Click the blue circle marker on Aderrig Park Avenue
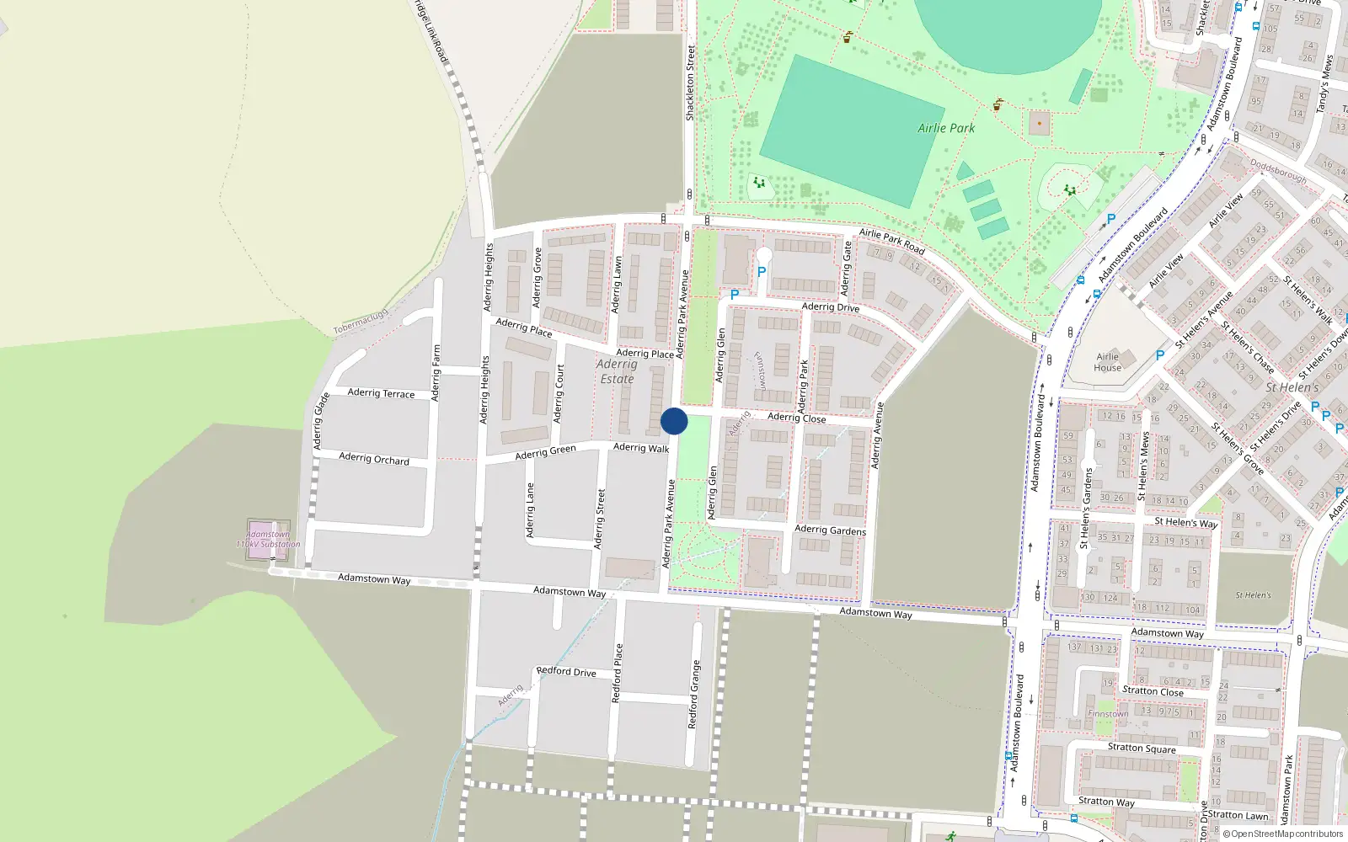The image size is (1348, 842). (x=674, y=421)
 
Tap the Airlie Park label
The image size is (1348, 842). (x=945, y=128)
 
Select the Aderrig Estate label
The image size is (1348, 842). (x=617, y=371)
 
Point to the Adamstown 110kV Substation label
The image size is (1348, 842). (x=268, y=539)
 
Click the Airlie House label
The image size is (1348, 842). (x=1107, y=362)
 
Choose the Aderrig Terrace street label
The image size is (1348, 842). (x=381, y=393)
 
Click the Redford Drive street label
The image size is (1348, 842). (x=566, y=671)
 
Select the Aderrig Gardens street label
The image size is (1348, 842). (x=830, y=530)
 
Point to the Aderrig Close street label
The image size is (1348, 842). (x=796, y=418)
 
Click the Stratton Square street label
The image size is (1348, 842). (x=1142, y=748)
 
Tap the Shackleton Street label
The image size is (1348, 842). (x=690, y=83)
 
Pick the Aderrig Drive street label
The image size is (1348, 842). (x=831, y=307)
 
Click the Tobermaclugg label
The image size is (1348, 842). (x=361, y=322)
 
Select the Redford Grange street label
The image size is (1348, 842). (x=693, y=695)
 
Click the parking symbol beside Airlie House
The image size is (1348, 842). (x=1160, y=355)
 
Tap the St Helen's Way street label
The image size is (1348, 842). (x=1185, y=523)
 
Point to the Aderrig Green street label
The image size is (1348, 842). (x=545, y=453)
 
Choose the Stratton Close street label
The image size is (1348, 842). (x=1153, y=691)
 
